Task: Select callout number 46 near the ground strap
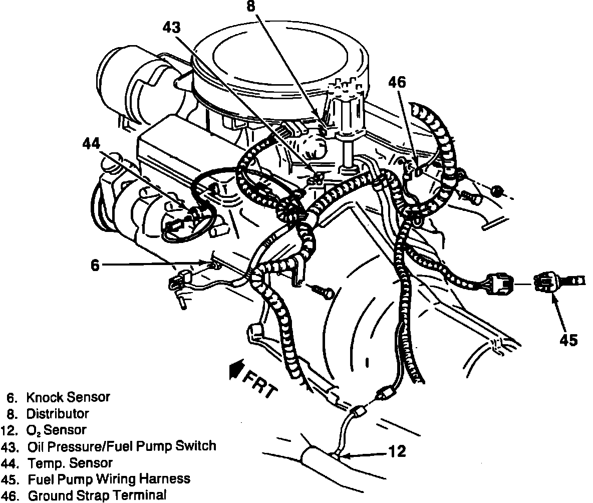(x=397, y=82)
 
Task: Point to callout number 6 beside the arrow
(x=95, y=265)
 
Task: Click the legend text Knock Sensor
(x=68, y=397)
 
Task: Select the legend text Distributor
(x=58, y=414)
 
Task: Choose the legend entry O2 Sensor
(x=56, y=430)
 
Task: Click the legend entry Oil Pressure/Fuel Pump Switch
(x=122, y=446)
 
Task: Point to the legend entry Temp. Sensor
(x=70, y=462)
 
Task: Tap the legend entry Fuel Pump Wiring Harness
(x=108, y=479)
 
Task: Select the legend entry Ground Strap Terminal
(x=96, y=495)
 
